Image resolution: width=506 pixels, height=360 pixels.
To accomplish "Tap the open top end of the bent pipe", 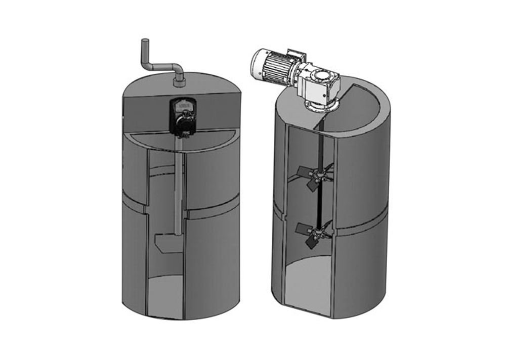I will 144,40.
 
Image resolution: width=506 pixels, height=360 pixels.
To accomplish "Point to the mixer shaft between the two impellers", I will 319,205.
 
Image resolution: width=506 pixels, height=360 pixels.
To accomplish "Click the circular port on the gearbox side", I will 322,76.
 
